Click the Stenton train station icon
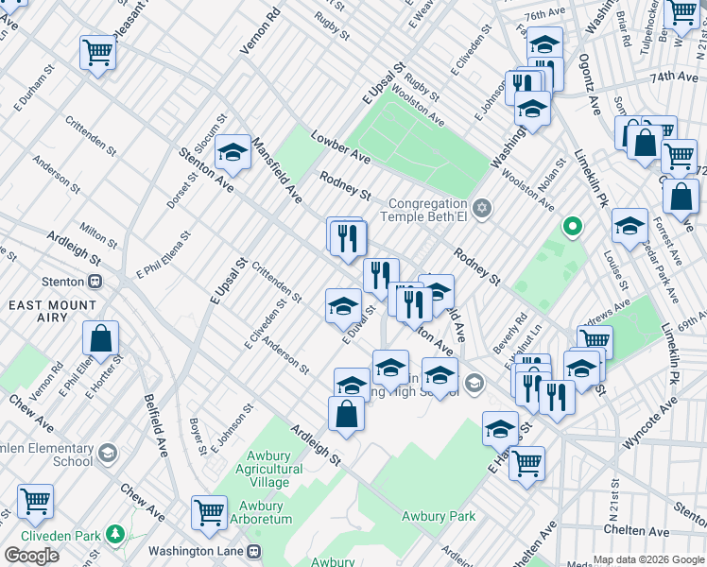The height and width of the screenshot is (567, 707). (x=95, y=281)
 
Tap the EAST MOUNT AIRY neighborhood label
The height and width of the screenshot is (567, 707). (x=52, y=311)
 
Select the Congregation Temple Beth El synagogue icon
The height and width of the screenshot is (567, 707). (x=482, y=207)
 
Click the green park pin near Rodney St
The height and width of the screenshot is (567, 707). (x=571, y=227)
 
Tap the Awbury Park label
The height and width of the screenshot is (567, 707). (x=438, y=516)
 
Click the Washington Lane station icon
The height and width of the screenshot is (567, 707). (x=253, y=551)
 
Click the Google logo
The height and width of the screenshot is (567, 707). (x=31, y=555)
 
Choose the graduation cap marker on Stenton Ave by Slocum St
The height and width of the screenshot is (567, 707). (x=232, y=152)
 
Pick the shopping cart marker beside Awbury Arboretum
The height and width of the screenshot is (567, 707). (x=209, y=512)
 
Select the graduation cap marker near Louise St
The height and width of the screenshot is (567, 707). (x=629, y=226)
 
